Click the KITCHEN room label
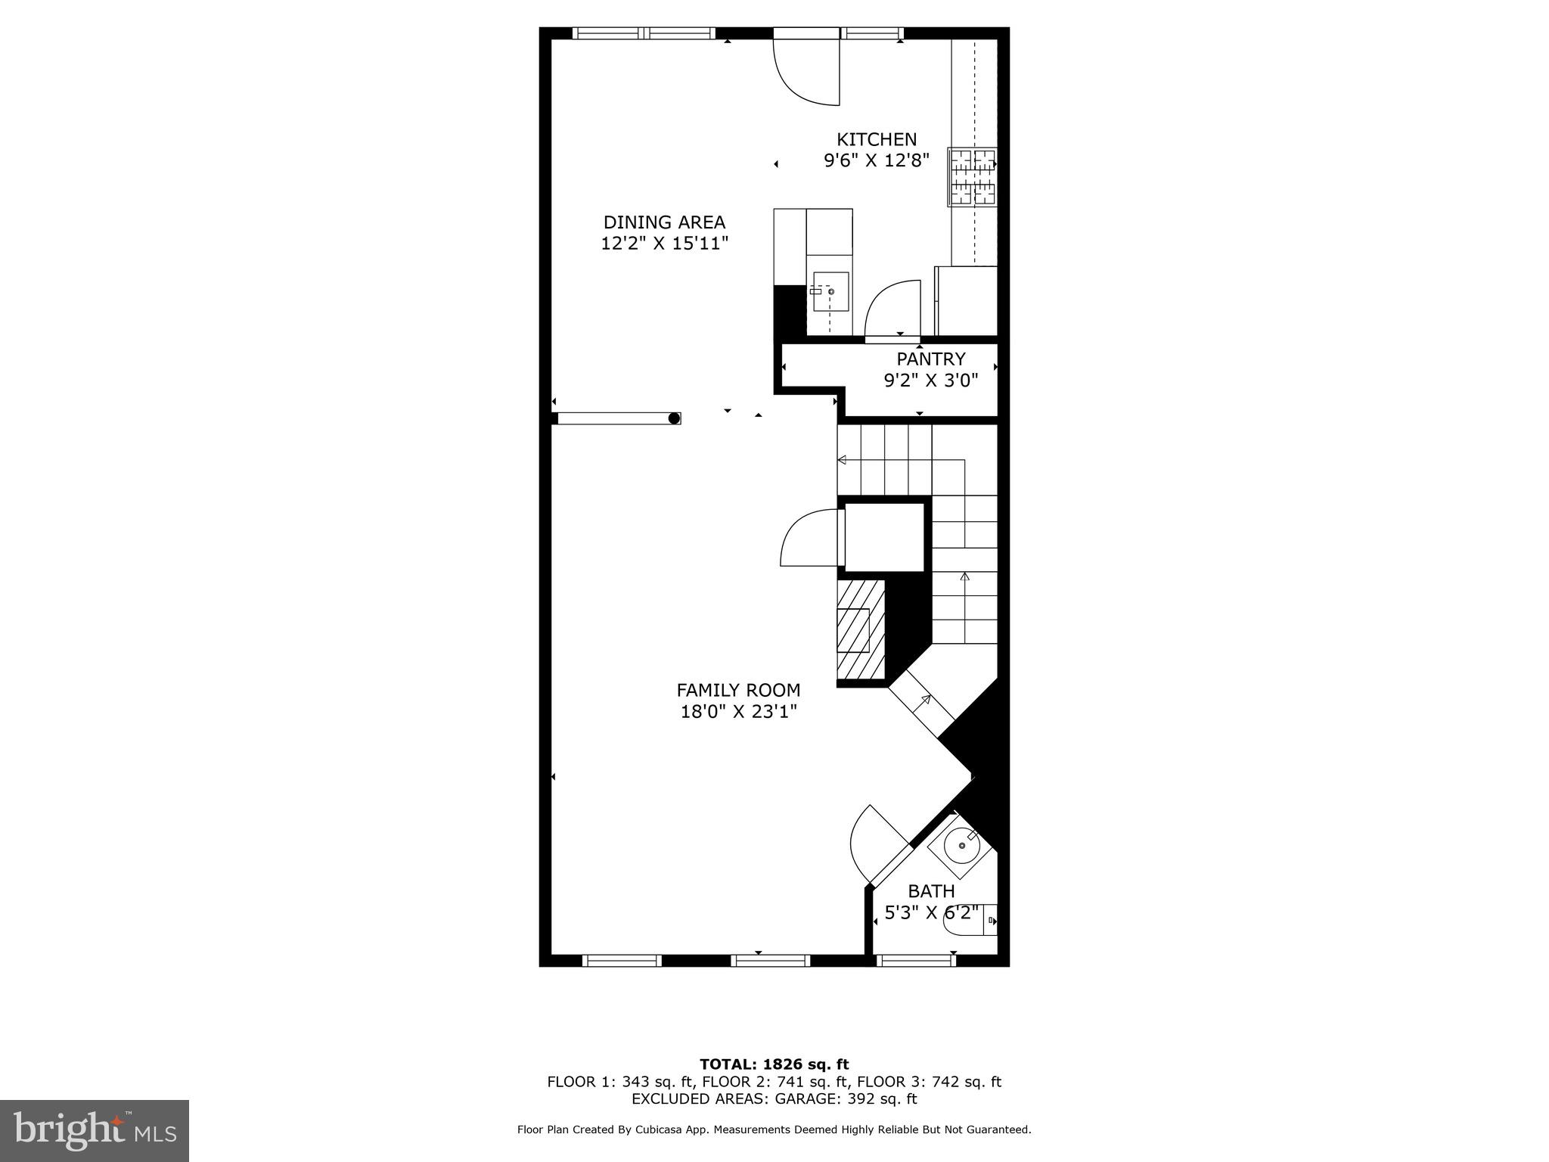point(876,140)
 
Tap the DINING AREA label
point(664,222)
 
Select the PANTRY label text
point(931,359)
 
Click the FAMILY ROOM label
point(738,690)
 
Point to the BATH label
point(931,891)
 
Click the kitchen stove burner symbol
point(973,177)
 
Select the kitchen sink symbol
point(830,292)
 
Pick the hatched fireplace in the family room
point(861,629)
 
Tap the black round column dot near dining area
point(674,418)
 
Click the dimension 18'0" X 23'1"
point(738,712)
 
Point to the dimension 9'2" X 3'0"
point(931,381)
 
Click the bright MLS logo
point(95,1130)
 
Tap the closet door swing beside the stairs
point(809,538)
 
